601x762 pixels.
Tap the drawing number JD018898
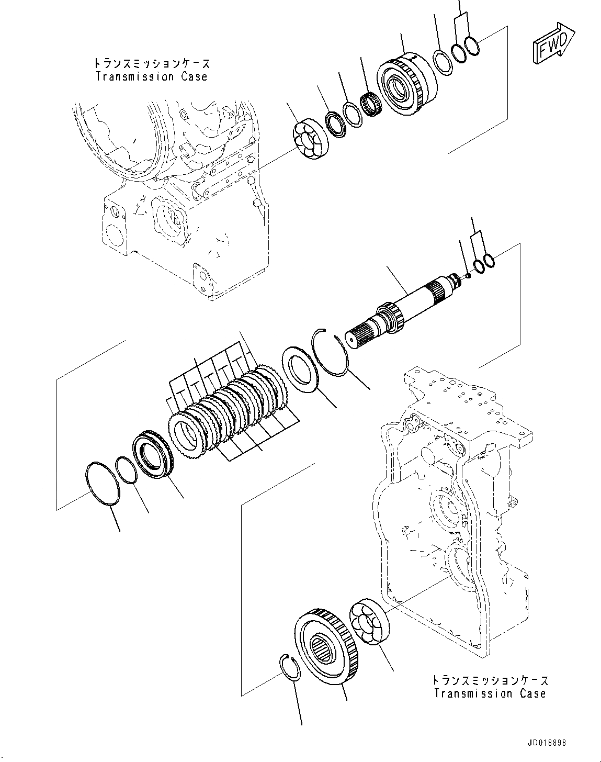539,743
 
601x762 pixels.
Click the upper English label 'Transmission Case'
151,76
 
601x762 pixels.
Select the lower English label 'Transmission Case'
490,693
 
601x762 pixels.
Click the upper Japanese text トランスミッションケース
151,63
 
